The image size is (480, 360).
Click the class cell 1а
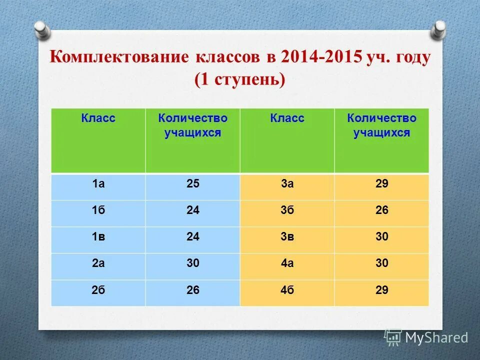coord(98,184)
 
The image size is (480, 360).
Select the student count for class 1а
coord(192,184)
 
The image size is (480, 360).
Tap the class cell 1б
coord(98,210)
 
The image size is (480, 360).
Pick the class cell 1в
coord(98,237)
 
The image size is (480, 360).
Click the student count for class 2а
coord(192,263)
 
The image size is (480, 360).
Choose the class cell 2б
coord(98,290)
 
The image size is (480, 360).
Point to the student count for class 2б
coord(192,290)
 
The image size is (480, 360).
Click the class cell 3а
coord(287,184)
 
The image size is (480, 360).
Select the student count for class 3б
coord(381,210)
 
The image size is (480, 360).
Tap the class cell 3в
coord(287,237)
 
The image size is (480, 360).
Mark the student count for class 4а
coord(381,263)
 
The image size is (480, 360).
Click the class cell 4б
coord(287,290)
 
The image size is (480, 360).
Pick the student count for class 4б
coord(381,290)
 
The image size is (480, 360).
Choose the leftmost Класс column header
coord(98,118)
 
